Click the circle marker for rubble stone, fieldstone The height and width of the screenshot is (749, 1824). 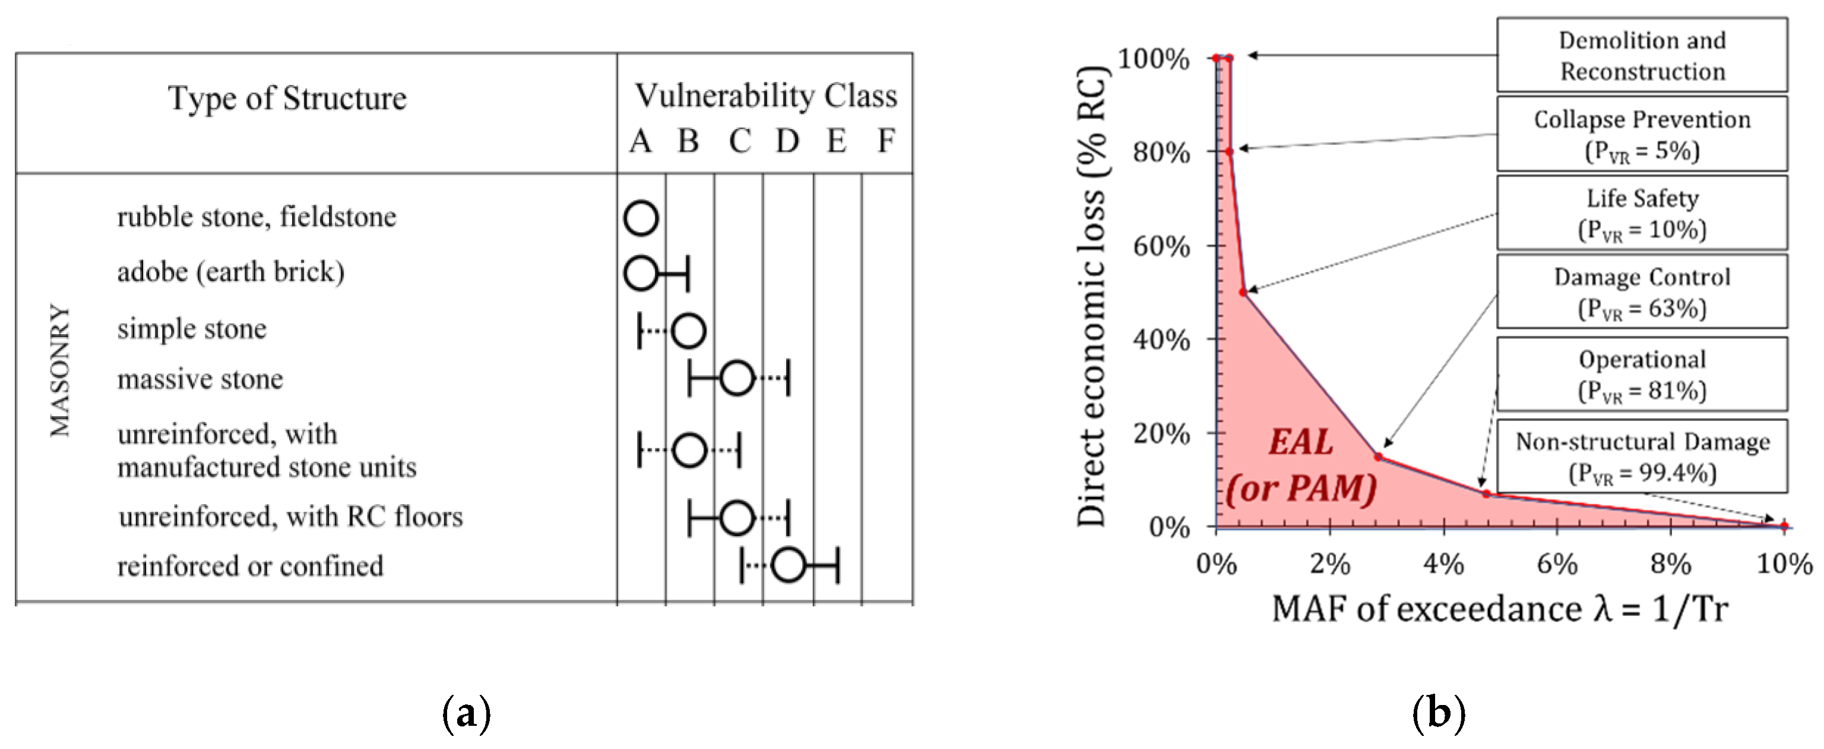pos(641,218)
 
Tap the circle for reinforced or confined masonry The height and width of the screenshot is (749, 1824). pos(788,565)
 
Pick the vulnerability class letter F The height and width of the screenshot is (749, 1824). pos(886,140)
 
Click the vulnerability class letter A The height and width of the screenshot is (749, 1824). pos(640,141)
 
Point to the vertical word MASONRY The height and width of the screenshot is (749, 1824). pos(60,370)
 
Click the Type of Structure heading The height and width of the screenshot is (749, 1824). pos(287,98)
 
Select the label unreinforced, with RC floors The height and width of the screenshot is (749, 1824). pos(290,517)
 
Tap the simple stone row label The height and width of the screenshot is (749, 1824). pos(192,329)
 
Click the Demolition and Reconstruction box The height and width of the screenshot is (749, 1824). pos(1641,56)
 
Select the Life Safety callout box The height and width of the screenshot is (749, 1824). pos(1641,213)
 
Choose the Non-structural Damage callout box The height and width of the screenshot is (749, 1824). pos(1641,457)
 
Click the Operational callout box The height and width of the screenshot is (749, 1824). pos(1641,374)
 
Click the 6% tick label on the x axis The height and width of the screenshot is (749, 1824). pos(1556,564)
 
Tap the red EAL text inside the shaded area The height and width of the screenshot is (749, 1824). pos(1300,442)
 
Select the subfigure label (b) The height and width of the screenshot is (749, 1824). pos(1438,712)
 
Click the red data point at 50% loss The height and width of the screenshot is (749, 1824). pos(1243,292)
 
